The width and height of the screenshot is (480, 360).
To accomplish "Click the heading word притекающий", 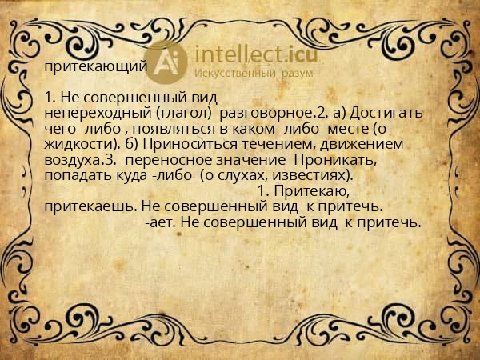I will point(95,66).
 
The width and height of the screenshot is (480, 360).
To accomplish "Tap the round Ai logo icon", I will point(167,62).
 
